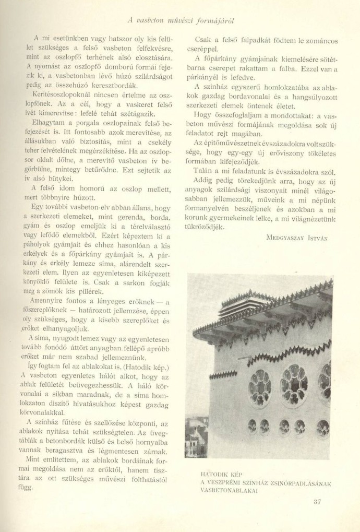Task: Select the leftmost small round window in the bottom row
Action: click(x=253, y=426)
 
